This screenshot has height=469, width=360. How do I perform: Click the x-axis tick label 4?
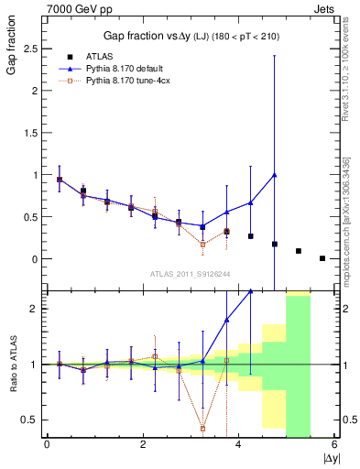click(238, 444)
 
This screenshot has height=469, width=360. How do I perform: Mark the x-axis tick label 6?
click(334, 444)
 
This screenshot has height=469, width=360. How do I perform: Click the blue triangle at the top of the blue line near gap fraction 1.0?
click(275, 174)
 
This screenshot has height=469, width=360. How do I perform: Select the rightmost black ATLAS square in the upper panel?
click(322, 258)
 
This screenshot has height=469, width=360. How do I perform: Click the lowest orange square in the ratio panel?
click(202, 428)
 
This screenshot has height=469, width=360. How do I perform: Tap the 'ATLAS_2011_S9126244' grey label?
click(190, 274)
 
